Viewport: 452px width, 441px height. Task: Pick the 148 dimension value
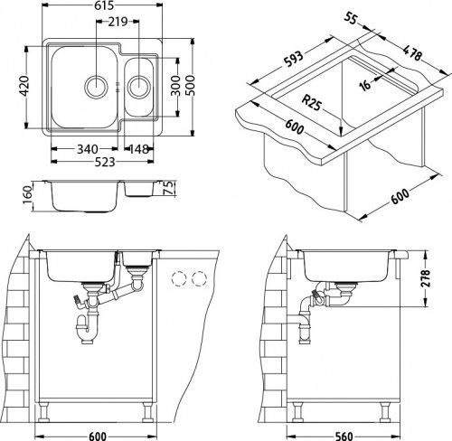[x=140, y=149]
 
